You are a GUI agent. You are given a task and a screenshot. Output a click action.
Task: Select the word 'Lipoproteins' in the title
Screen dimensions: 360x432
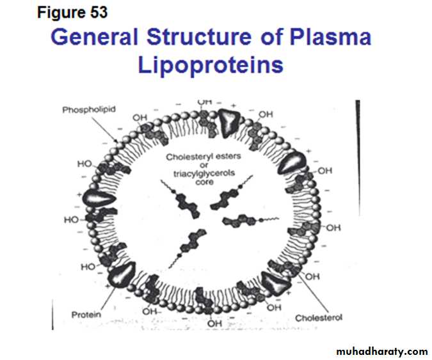click(211, 65)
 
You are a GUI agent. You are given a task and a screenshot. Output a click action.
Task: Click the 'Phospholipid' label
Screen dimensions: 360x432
click(88, 110)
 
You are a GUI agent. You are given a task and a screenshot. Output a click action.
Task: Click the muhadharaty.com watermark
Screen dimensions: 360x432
click(381, 351)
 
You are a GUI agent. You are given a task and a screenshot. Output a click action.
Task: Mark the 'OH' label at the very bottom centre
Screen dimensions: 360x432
click(214, 324)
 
